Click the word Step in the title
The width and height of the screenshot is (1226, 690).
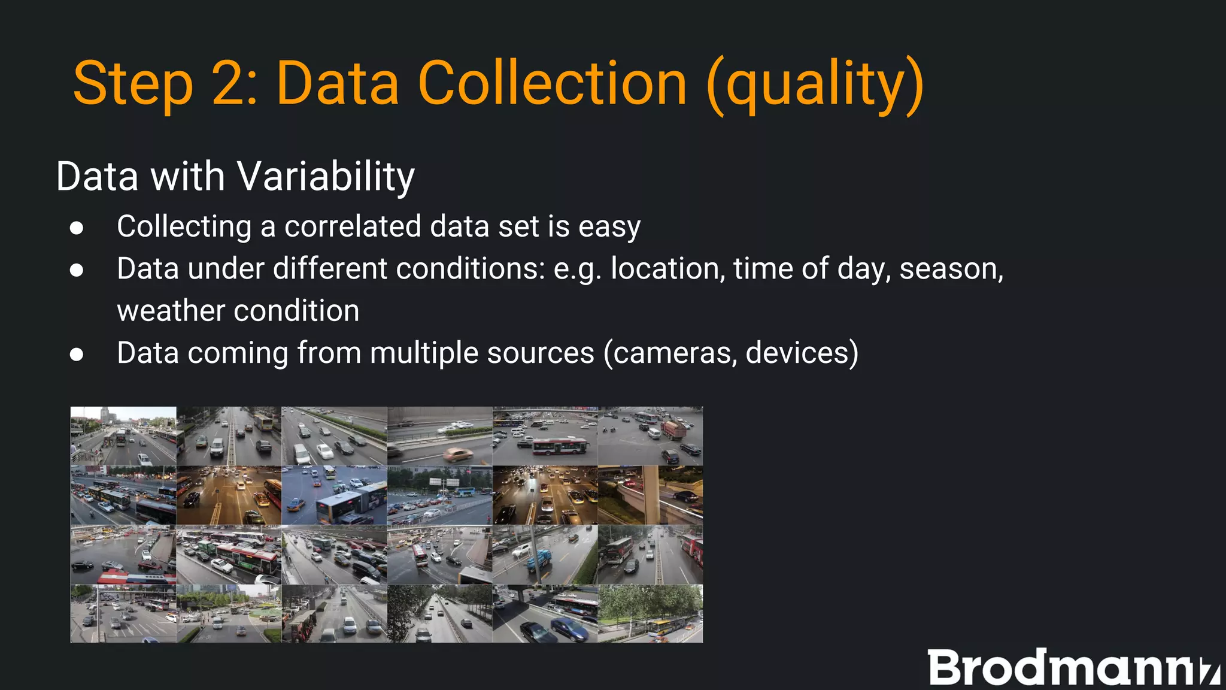[x=133, y=84]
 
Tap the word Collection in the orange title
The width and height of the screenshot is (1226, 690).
[x=552, y=83]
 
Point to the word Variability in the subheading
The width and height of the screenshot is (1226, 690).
[x=326, y=177]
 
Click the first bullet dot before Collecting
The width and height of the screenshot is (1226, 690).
[x=77, y=228]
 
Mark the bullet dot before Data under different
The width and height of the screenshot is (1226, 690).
[x=77, y=270]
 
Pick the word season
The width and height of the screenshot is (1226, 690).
[x=951, y=268]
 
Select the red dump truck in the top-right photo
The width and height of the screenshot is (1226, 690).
[x=673, y=429]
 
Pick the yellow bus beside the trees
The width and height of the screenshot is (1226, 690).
[x=664, y=627]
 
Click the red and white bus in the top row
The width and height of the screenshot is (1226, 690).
[x=559, y=446]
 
